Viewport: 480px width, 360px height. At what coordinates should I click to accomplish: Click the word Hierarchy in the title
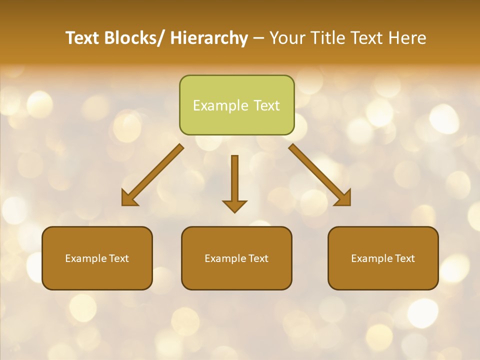[209, 38]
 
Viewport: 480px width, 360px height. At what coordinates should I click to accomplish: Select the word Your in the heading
[286, 38]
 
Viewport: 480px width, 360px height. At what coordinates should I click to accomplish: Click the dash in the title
[258, 38]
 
